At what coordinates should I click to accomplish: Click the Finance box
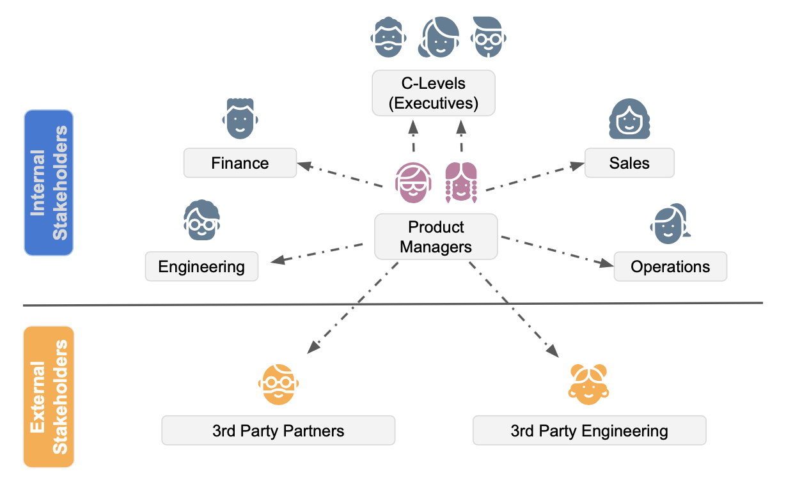pos(240,163)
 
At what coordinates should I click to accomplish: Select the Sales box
pos(629,163)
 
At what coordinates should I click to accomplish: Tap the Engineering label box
pos(201,266)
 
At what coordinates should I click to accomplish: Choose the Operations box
pos(670,266)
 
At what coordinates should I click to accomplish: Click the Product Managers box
pos(436,236)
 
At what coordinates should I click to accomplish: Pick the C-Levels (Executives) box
pos(434,93)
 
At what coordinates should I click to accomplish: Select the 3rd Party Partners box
pos(278,431)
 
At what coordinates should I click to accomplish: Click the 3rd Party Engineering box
pos(589,431)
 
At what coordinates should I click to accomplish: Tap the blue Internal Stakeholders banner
pos(49,183)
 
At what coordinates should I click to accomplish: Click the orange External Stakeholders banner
pos(49,397)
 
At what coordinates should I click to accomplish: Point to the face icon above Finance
pos(240,119)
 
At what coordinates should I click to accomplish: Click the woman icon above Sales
pos(629,119)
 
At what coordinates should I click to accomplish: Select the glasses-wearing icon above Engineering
pos(201,220)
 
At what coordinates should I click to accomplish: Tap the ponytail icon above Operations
pos(670,224)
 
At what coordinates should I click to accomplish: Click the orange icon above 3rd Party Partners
pos(278,384)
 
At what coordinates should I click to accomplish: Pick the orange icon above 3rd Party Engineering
pos(588,384)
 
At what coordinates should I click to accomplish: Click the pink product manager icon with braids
pos(461,182)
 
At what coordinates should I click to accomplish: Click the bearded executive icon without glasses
pos(388,37)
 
